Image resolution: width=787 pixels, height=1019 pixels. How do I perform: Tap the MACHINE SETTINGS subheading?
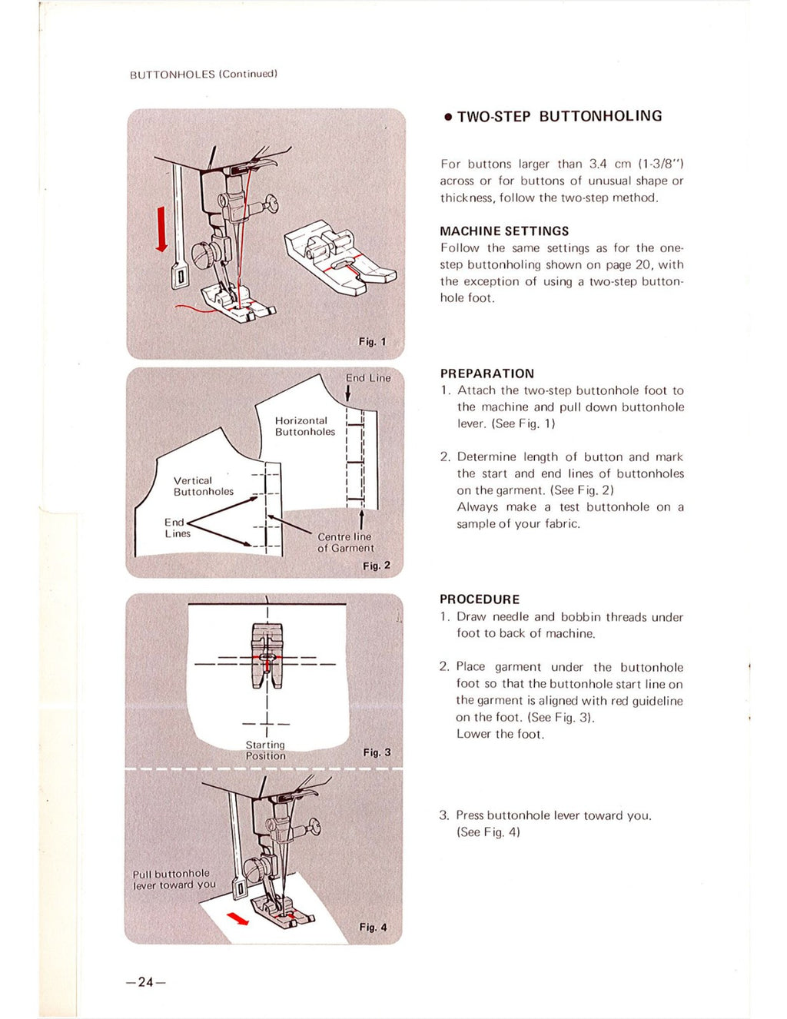click(504, 231)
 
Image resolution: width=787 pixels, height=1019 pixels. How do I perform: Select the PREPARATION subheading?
click(486, 373)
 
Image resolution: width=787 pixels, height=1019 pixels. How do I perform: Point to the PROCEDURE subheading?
click(480, 599)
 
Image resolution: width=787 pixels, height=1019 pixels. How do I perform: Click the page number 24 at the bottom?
click(146, 981)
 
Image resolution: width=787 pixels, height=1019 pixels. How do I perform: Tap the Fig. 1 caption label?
click(372, 341)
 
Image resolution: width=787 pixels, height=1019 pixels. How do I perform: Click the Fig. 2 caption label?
click(377, 566)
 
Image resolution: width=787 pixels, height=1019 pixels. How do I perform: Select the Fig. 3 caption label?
click(377, 752)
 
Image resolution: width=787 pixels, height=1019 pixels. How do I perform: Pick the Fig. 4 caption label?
click(373, 927)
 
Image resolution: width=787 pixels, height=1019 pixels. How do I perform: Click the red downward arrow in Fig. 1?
click(161, 228)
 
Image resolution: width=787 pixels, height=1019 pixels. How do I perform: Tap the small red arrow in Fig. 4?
click(238, 918)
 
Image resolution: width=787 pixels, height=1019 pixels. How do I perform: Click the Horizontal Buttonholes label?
click(304, 426)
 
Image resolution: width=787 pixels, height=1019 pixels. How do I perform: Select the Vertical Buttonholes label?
click(203, 486)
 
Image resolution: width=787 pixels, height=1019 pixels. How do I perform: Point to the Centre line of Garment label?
click(345, 542)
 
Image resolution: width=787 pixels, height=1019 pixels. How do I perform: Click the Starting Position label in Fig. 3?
click(265, 750)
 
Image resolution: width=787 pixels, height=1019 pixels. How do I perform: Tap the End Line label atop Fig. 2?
click(368, 378)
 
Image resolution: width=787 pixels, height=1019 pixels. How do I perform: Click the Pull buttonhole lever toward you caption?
click(174, 879)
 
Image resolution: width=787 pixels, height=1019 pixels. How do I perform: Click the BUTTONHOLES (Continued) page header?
click(204, 74)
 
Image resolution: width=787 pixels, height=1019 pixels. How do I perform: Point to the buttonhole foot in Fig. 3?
click(266, 653)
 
